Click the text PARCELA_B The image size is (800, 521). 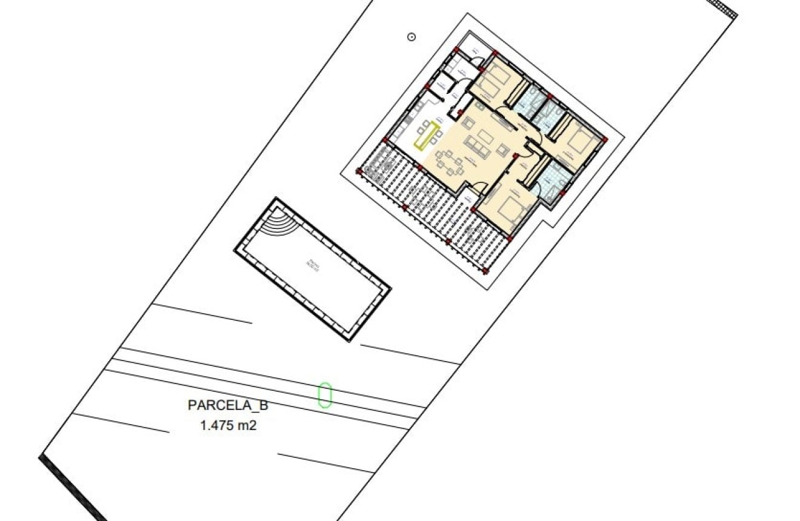point(228,405)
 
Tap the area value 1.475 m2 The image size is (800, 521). point(228,425)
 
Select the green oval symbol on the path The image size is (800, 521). point(325,394)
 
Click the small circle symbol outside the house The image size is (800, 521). point(412,38)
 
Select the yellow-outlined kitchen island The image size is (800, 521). point(427,134)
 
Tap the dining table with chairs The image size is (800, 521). point(451,162)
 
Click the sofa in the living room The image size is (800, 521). point(476,145)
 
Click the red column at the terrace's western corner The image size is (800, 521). point(359,172)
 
